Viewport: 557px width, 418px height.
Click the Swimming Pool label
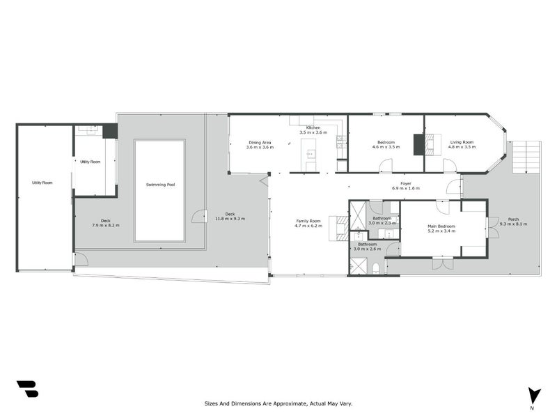(x=159, y=185)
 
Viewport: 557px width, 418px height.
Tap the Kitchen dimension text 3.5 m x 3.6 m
(x=310, y=132)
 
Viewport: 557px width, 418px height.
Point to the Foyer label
(x=406, y=183)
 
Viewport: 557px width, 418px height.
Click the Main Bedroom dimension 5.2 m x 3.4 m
(x=441, y=231)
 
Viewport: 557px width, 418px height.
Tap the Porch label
(x=513, y=219)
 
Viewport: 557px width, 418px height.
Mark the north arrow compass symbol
(x=533, y=395)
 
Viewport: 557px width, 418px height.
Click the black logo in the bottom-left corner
(x=27, y=389)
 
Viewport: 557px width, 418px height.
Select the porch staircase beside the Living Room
(x=527, y=157)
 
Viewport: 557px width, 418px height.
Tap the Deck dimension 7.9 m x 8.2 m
(x=107, y=226)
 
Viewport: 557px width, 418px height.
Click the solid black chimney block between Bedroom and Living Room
(x=418, y=144)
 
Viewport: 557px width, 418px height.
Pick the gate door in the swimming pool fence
(x=199, y=217)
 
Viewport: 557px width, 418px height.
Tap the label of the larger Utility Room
(x=42, y=183)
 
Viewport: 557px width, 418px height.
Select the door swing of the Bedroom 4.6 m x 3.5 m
(x=385, y=165)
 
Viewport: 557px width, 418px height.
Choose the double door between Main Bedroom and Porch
(x=492, y=227)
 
